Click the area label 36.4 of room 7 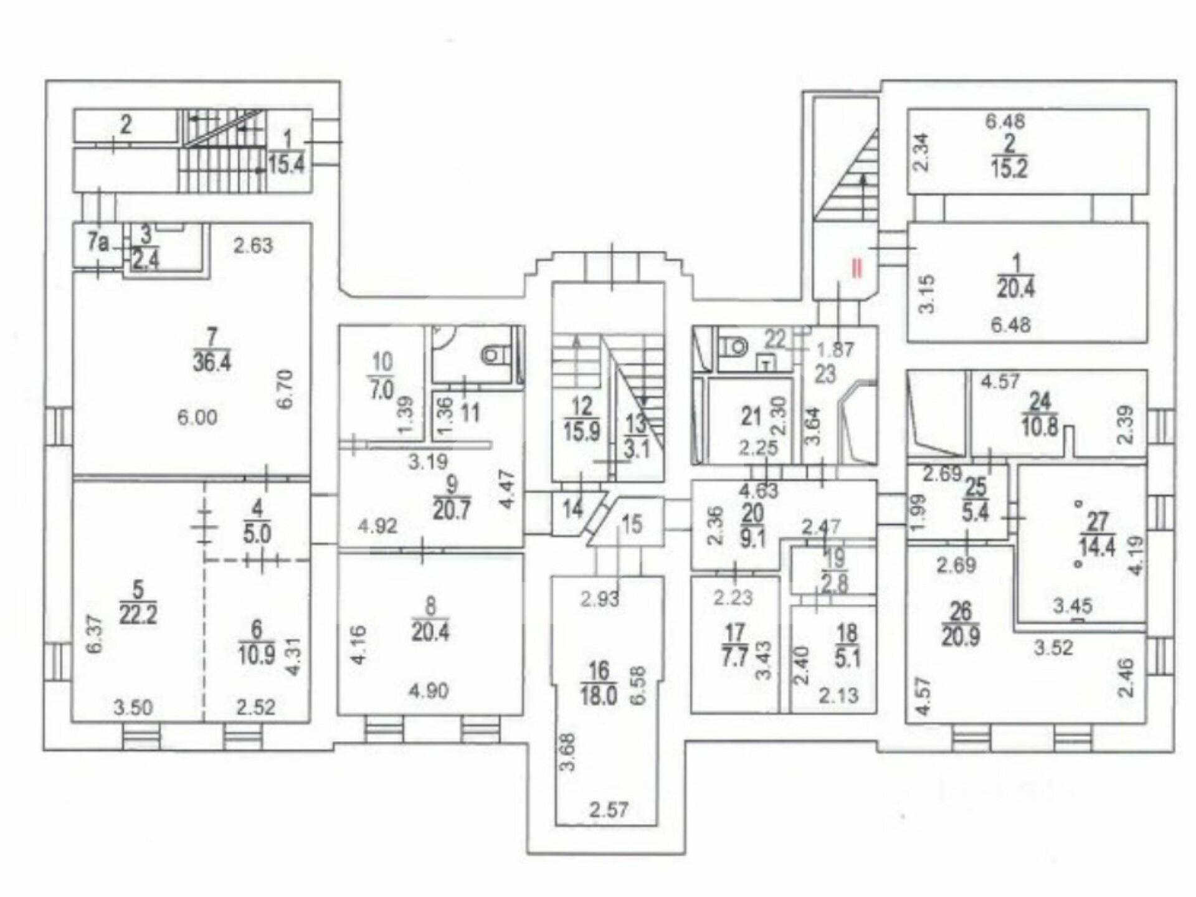[x=212, y=363]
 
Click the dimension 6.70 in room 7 [x=286, y=390]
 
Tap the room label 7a [x=98, y=242]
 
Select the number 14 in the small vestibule [x=572, y=509]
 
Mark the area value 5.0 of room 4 [x=257, y=534]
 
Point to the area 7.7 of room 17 [x=736, y=658]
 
